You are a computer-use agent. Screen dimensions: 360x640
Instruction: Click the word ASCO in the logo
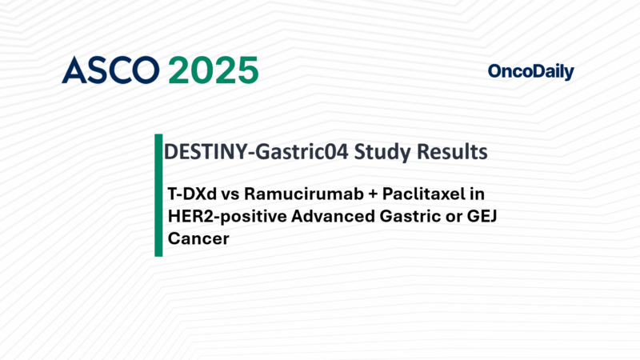110,70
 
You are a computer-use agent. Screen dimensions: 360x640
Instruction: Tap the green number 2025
214,70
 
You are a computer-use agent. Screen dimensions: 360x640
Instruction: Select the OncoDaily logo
530,72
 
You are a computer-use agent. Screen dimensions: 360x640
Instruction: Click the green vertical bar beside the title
158,195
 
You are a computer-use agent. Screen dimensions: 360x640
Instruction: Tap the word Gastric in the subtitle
390,216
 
